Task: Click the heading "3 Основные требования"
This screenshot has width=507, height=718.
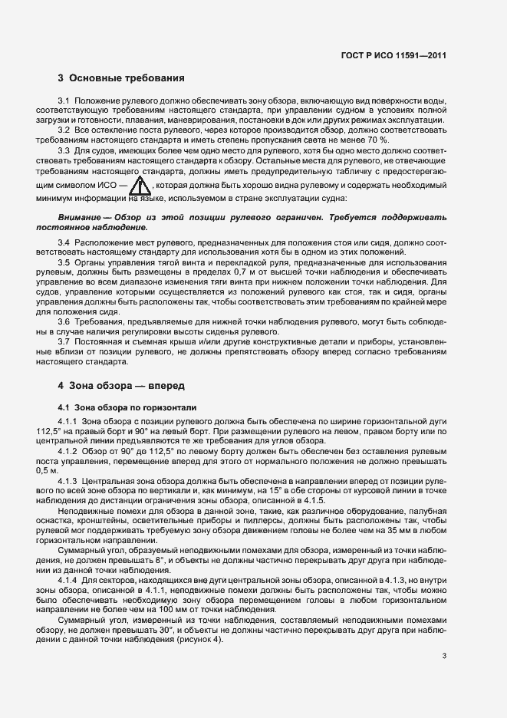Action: coord(121,78)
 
